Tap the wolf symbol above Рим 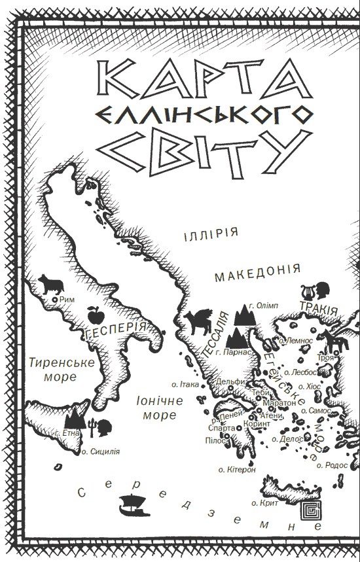(x=50, y=283)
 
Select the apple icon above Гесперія (x=94, y=315)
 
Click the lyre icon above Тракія (x=306, y=290)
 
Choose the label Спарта (x=220, y=428)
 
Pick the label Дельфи (x=230, y=382)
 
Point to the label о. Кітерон (x=238, y=469)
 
